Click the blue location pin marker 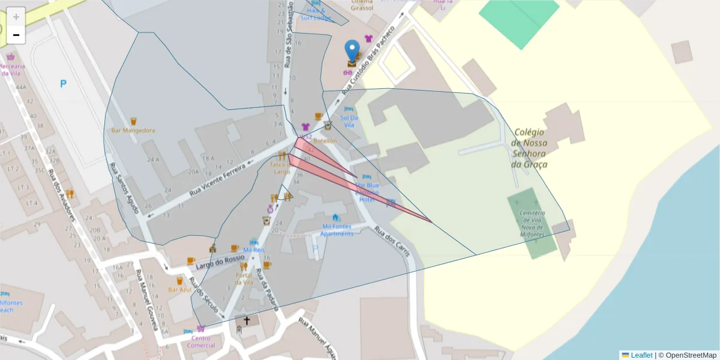pos(353,50)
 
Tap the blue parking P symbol pos(63,84)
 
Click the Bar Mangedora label pos(133,130)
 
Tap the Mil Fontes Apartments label pos(337,230)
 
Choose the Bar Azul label pos(179,290)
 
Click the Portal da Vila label pos(244,278)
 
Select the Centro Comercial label pos(200,341)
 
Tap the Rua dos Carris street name pos(392,241)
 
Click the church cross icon pos(246,321)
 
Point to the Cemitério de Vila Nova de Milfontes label pos(532,223)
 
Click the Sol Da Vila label pos(349,121)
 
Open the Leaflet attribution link pos(641,355)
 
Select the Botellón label pos(325,140)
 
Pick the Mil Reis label pos(254,250)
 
